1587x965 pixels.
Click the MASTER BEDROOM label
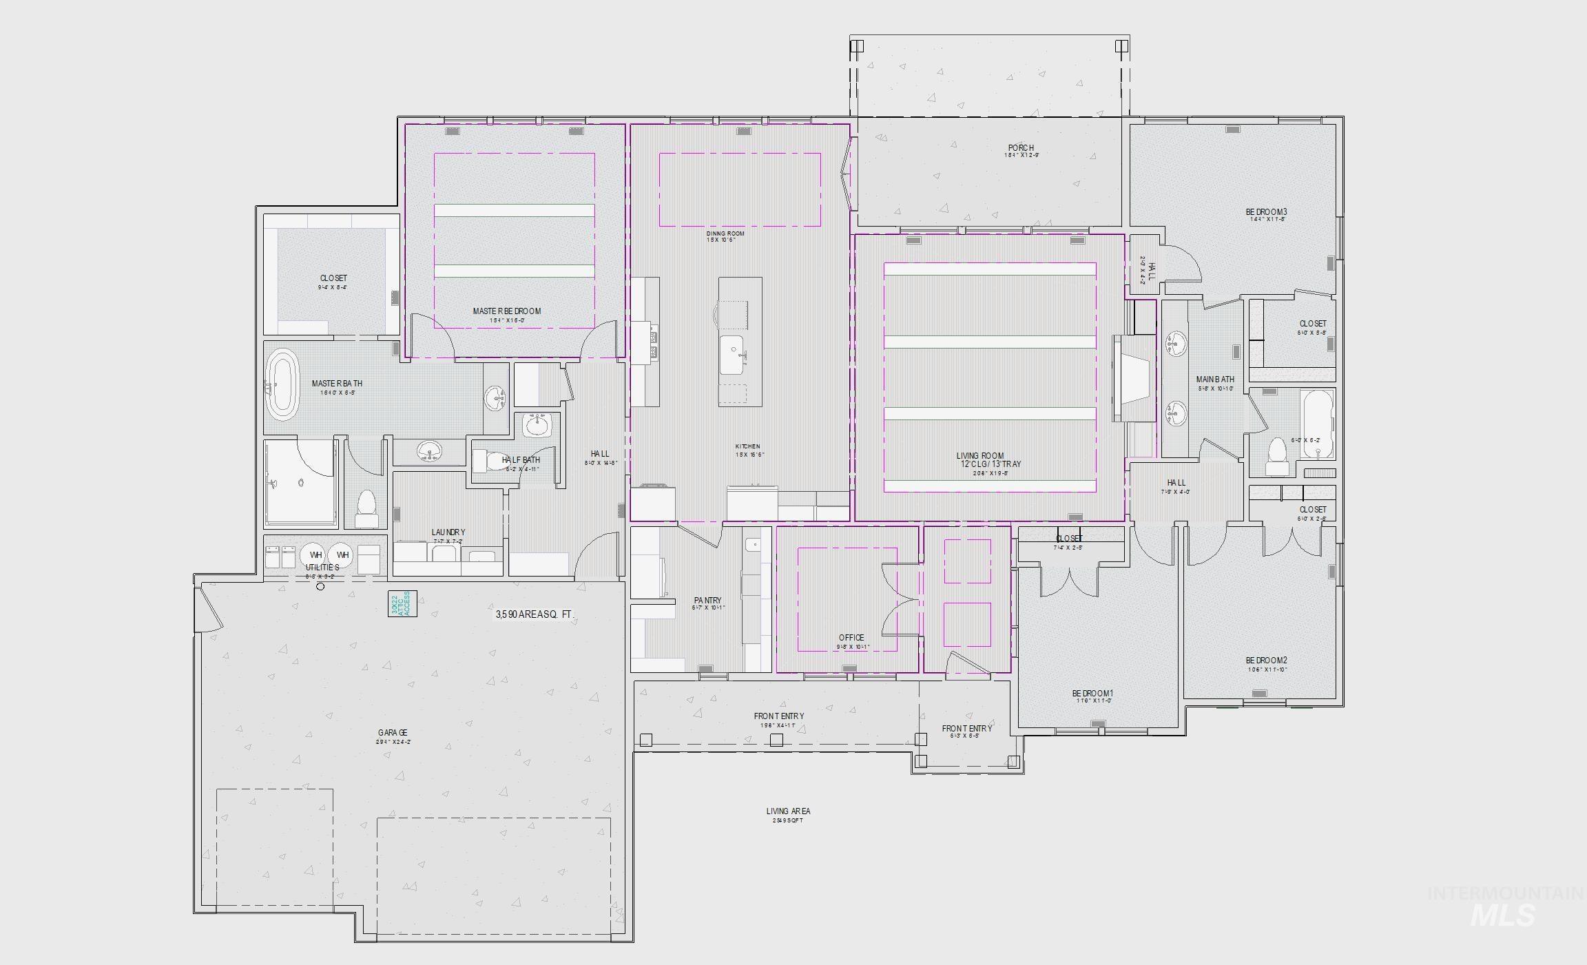coord(506,311)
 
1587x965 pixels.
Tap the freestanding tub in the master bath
coord(282,385)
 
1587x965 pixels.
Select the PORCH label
coord(1021,148)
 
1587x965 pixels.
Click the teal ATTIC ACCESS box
coord(402,603)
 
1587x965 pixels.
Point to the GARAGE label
coord(393,733)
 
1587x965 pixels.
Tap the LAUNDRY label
coord(448,532)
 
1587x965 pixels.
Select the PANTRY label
coord(707,601)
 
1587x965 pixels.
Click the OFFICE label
coord(851,638)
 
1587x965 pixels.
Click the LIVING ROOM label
coord(979,456)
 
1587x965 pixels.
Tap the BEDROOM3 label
coord(1266,212)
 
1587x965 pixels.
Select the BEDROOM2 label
coord(1266,661)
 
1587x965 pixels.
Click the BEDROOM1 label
coord(1092,694)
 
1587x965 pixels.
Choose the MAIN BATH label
coord(1215,380)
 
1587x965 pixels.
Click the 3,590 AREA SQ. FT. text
coord(534,614)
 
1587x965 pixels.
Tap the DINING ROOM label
coord(725,234)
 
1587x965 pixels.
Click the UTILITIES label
coord(322,568)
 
